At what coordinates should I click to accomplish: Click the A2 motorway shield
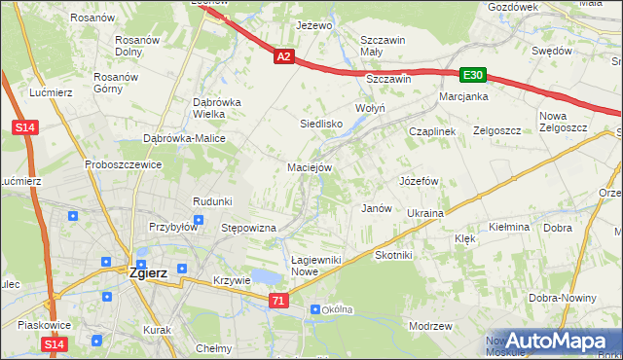[282, 57]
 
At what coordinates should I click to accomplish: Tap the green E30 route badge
[473, 75]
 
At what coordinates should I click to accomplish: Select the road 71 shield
[279, 303]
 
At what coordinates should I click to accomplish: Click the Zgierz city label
[148, 272]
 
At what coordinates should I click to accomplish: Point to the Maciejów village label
[311, 167]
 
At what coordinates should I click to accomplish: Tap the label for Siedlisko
[320, 124]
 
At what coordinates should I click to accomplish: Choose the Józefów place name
[420, 181]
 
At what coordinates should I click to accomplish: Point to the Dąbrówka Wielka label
[216, 107]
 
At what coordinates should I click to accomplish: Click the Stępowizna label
[249, 228]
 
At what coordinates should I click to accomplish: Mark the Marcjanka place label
[461, 97]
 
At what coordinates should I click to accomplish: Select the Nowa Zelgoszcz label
[561, 122]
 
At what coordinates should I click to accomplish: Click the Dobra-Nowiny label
[563, 299]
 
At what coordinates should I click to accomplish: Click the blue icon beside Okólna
[315, 309]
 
